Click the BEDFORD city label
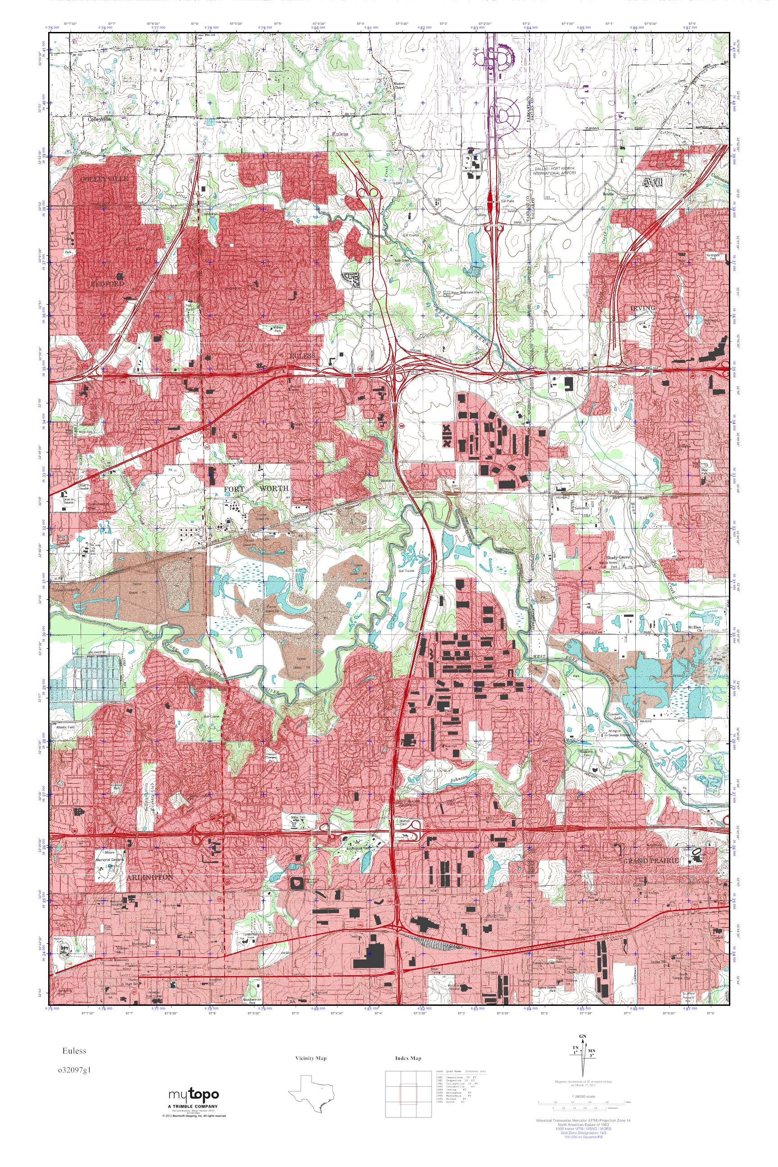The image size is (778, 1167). (107, 283)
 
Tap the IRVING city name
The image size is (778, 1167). (642, 308)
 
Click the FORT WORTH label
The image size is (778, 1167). (256, 489)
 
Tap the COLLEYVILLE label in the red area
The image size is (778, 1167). (104, 178)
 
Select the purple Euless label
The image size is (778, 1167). (341, 134)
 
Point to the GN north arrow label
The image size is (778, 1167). (588, 1060)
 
